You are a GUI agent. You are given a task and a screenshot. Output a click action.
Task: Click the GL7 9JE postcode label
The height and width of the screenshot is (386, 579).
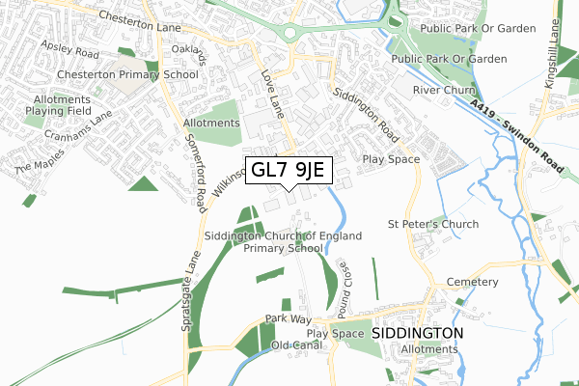click(x=290, y=171)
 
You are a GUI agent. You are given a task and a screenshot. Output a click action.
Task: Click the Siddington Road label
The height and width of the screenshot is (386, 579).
click(x=365, y=112)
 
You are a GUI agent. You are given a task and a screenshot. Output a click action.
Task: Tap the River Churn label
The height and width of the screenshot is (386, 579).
click(x=439, y=90)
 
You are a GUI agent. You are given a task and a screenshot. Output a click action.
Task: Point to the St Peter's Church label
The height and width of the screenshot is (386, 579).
click(x=432, y=225)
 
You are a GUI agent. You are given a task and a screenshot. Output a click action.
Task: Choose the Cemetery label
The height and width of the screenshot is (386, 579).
click(x=473, y=282)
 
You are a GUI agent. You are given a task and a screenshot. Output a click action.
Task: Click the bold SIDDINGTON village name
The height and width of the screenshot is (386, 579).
click(x=417, y=332)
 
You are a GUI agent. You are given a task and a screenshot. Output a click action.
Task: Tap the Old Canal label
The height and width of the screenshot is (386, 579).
click(x=297, y=345)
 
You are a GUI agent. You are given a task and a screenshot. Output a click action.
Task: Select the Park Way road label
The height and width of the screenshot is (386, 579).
click(x=289, y=317)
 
